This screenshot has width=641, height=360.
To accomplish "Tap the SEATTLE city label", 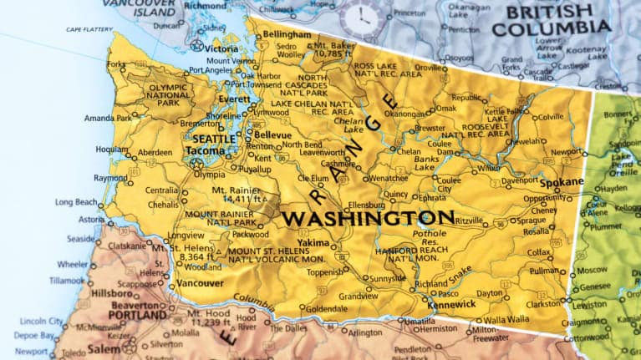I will [x=214, y=139].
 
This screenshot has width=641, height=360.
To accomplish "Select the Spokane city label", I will [x=562, y=182].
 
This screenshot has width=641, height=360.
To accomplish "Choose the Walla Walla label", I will [x=506, y=319].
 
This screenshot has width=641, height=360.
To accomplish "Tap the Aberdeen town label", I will [x=155, y=153].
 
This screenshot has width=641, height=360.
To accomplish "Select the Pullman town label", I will [x=544, y=271].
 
